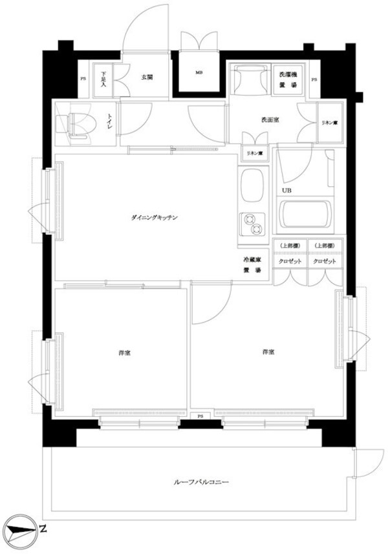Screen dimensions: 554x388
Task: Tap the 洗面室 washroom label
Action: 270,120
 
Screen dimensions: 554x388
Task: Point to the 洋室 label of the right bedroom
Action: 268,352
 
